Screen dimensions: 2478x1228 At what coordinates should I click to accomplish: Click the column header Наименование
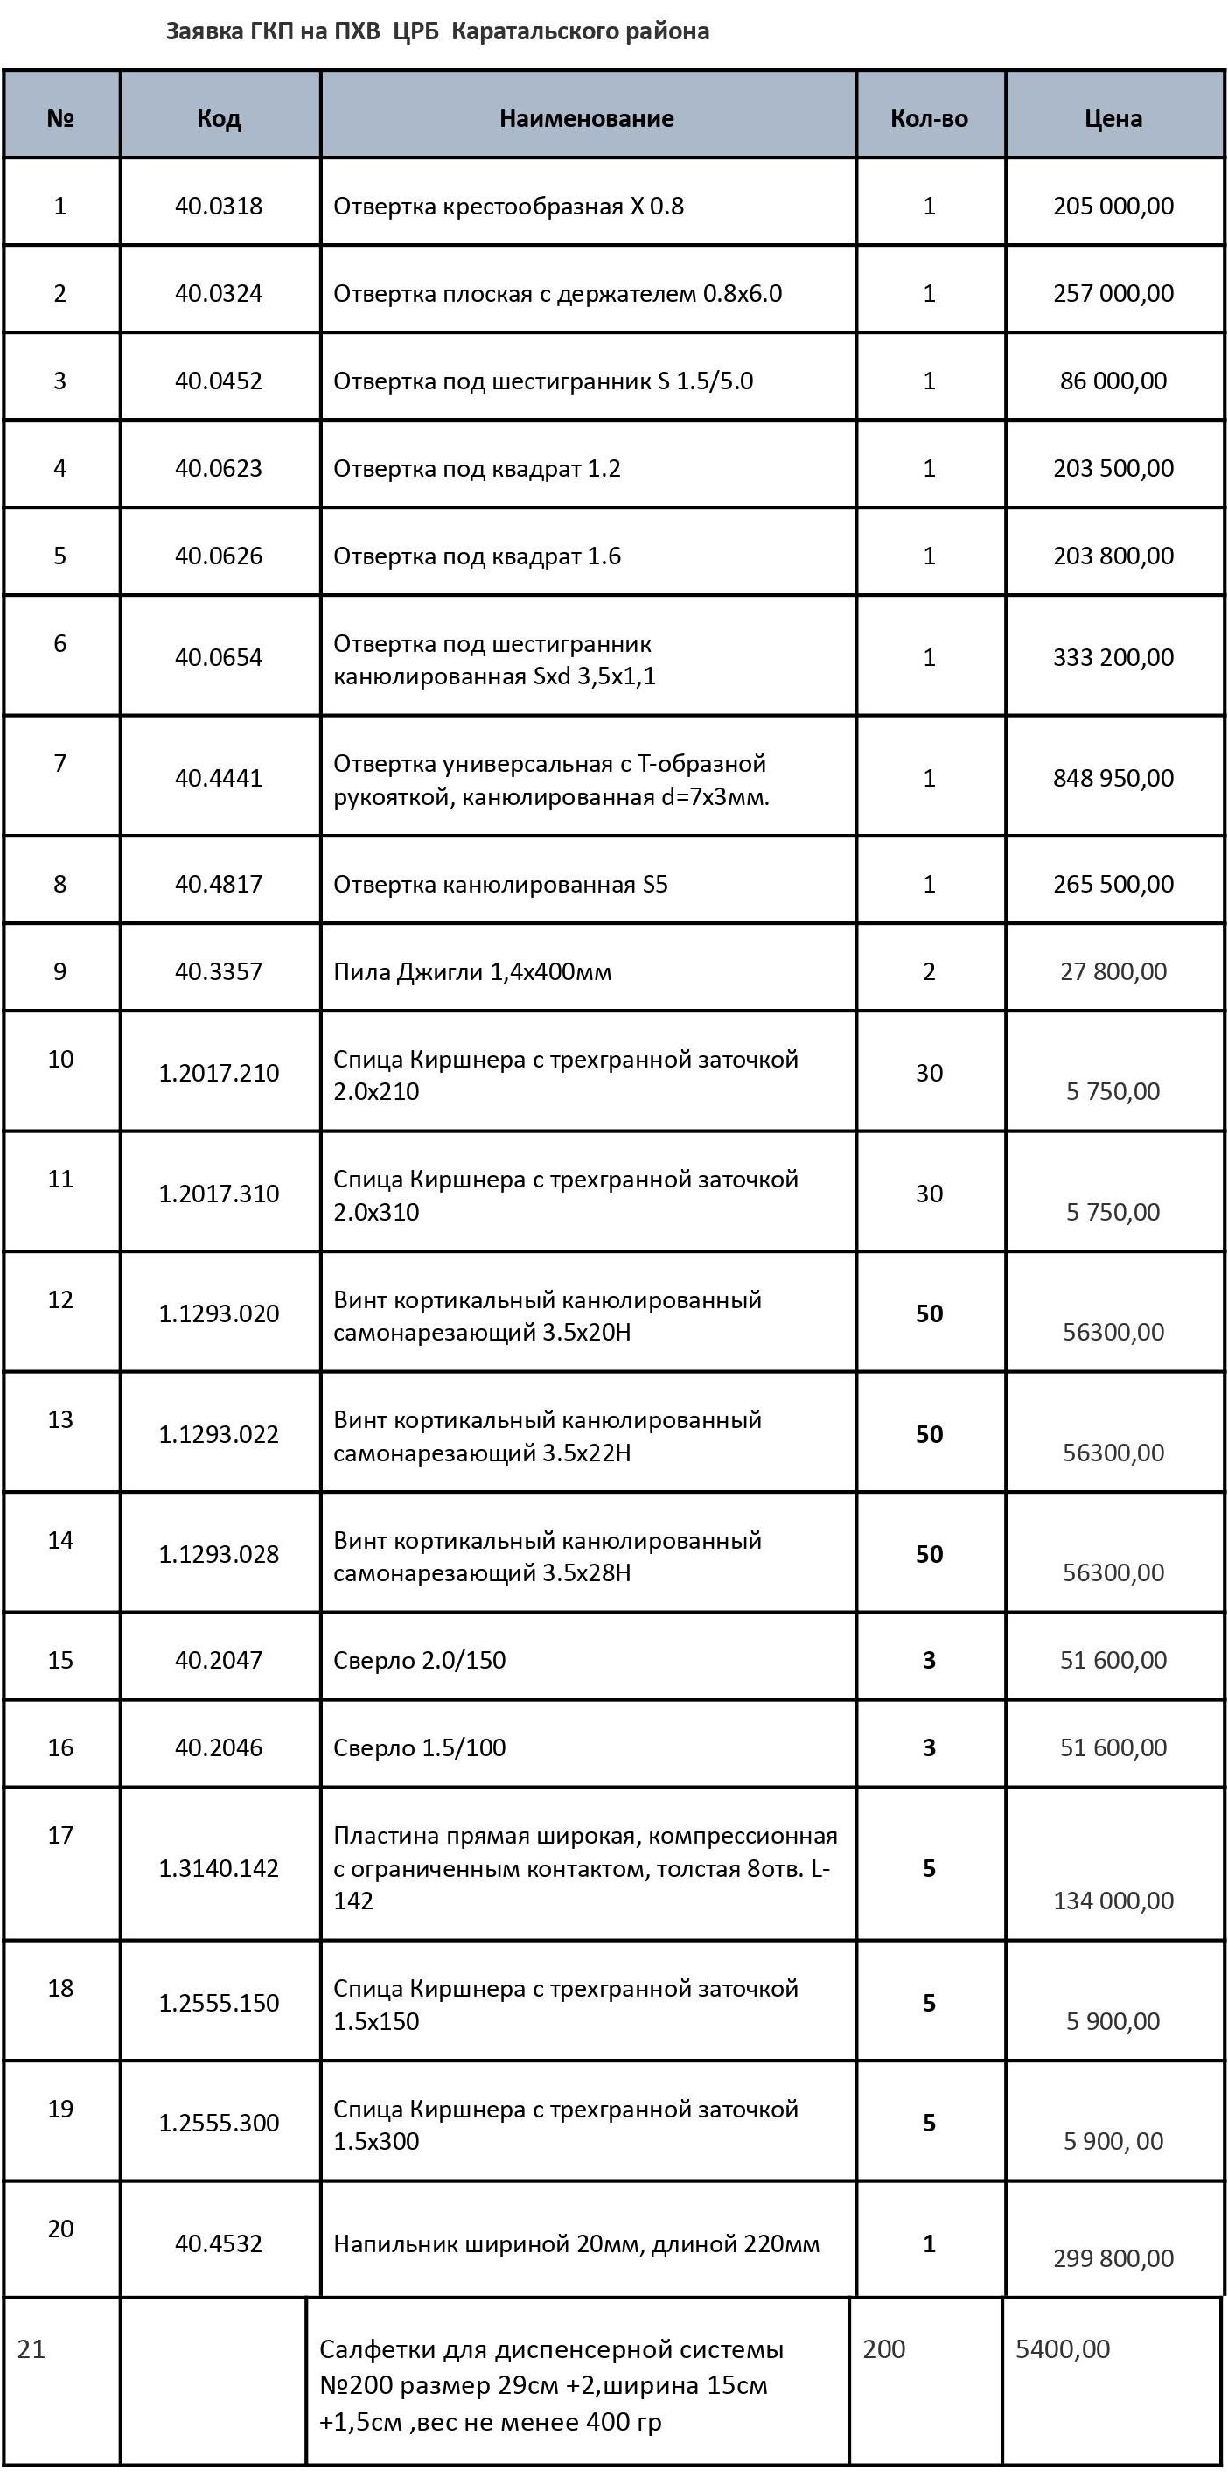coord(586,118)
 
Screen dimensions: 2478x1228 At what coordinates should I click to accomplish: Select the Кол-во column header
coord(929,118)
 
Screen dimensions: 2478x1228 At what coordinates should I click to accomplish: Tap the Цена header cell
coord(1113,118)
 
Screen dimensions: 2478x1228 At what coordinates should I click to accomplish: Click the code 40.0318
coord(219,206)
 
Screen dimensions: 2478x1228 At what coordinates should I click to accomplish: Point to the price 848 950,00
coord(1113,777)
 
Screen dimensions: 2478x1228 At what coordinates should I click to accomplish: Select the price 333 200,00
coord(1113,657)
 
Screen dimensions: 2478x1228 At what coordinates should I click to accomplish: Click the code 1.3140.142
coord(219,1868)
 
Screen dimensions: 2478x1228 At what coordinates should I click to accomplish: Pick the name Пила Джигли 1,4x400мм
coord(472,971)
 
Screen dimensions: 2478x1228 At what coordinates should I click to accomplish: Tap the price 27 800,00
coord(1113,971)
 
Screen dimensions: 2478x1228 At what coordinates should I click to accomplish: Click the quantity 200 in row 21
coord(883,2349)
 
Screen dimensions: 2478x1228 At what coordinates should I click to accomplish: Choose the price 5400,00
coord(1062,2349)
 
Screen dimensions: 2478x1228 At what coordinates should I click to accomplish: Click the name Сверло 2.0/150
coord(419,1659)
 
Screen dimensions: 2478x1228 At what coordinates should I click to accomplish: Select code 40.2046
coord(219,1746)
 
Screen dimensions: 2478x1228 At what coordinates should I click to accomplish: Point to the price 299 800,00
coord(1113,2257)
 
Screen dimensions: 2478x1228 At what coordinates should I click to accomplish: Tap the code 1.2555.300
coord(219,2123)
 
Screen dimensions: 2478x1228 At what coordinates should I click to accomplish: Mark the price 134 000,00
coord(1113,1900)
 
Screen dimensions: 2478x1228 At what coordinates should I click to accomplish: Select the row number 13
coord(59,1420)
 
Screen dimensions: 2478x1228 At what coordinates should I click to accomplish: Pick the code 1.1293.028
coord(219,1553)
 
